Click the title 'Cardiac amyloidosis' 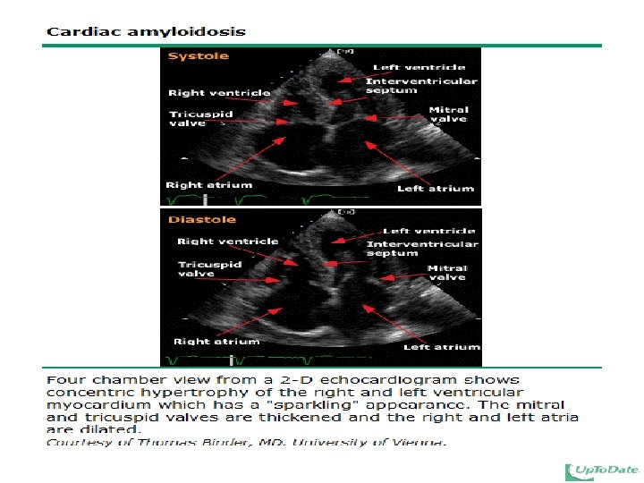(146, 31)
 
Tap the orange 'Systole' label (199, 55)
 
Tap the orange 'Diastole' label (202, 219)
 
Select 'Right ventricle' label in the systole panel (219, 93)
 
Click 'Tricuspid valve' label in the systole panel (201, 118)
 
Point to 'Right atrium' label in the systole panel (208, 185)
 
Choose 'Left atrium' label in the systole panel (436, 189)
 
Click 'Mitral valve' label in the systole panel (448, 114)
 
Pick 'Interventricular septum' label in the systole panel (421, 86)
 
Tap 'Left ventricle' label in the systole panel (419, 67)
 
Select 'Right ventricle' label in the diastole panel (227, 241)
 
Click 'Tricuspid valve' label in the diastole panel (210, 268)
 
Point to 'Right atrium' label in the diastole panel (216, 342)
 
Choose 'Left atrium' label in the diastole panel (442, 347)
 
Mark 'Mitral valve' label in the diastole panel (447, 273)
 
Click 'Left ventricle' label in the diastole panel (428, 231)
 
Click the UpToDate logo (602, 470)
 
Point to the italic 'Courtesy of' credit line (246, 442)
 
